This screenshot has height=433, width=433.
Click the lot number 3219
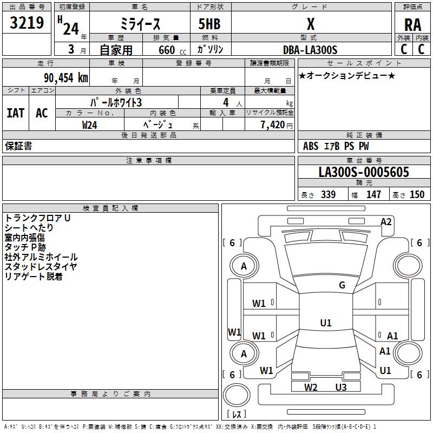27,23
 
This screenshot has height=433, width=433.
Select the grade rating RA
412,25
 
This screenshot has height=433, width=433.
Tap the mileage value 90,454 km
66,78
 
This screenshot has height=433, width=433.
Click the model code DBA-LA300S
310,50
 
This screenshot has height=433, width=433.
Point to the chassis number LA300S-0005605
364,172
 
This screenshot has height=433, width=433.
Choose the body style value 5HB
209,24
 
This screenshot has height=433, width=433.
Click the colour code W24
89,125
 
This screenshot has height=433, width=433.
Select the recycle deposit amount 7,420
273,125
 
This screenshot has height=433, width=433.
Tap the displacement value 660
167,50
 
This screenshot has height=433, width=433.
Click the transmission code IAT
16,113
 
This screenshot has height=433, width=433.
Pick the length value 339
328,194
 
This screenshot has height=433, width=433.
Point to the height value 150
417,194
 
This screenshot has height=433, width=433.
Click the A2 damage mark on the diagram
386,222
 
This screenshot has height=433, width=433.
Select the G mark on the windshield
342,285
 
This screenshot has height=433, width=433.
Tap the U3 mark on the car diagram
341,388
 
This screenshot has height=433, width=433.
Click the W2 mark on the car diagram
311,388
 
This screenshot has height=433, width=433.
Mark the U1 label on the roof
326,323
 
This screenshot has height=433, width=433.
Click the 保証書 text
18,146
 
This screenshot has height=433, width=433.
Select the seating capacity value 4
226,102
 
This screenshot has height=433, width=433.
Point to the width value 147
373,194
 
